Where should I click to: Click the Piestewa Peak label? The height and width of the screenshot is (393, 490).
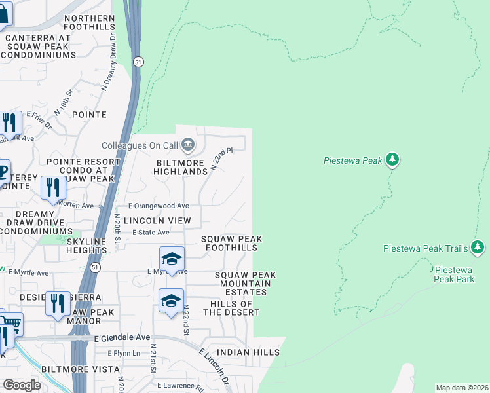[353, 160]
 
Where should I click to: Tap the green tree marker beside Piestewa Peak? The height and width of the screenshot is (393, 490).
[392, 159]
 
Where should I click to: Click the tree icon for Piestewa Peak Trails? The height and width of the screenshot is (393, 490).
[478, 247]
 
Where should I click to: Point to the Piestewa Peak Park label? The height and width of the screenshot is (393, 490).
[454, 274]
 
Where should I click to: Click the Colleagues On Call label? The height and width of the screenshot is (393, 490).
[139, 145]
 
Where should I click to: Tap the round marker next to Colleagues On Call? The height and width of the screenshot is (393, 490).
[188, 143]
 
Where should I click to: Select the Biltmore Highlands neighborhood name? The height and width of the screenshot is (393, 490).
[180, 167]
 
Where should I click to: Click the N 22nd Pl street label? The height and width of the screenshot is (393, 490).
[222, 159]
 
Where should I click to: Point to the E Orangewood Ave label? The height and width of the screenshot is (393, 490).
[159, 206]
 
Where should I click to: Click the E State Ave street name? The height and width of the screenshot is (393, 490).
[151, 233]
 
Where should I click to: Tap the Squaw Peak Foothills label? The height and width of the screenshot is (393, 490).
[231, 244]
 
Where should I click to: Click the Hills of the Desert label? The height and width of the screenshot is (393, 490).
[231, 308]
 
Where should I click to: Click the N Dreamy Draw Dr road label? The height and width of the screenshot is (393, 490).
[109, 67]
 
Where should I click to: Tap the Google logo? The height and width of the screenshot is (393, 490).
[22, 385]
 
